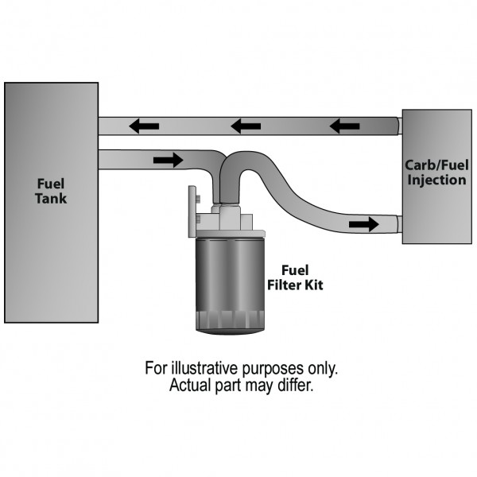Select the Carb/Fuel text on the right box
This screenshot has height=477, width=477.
436,166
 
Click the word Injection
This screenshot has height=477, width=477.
436,180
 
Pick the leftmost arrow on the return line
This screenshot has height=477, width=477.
144,126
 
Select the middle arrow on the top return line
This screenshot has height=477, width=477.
246,126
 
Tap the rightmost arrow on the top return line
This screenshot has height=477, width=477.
344,126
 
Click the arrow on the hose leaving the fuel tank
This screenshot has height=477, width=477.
167,160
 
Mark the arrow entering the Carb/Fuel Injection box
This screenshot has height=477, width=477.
363,225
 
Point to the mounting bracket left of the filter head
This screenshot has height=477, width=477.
191,211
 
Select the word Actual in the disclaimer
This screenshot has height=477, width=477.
188,387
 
